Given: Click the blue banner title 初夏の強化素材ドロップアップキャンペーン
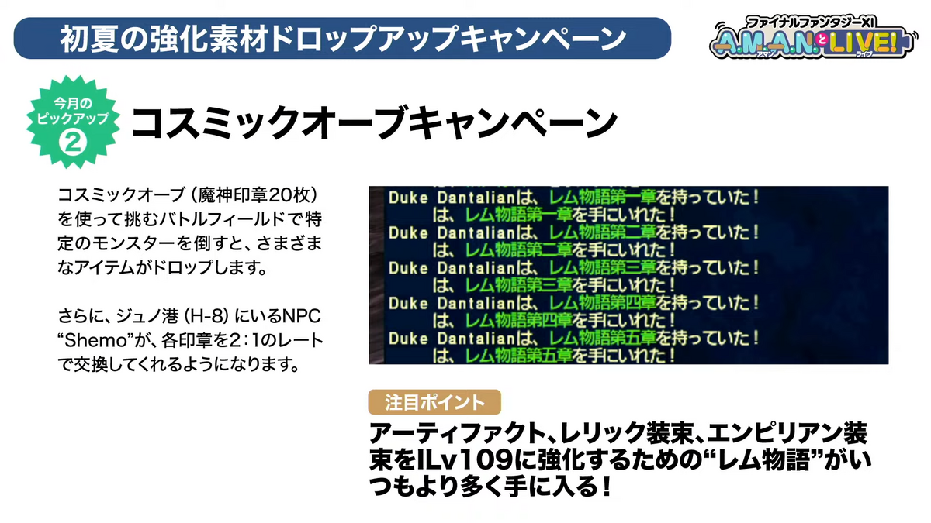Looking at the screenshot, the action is click(343, 39).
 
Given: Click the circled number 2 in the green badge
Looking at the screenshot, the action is click(73, 143).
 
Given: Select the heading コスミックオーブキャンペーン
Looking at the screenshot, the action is click(374, 122).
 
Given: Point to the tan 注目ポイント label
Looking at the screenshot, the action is click(434, 402).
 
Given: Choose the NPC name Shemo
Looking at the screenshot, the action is click(97, 341).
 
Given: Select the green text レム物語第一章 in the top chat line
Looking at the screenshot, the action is click(602, 197).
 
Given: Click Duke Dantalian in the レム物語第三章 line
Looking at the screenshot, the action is click(452, 268).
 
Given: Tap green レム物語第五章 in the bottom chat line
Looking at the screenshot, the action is click(518, 356).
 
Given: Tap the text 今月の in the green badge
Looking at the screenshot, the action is click(73, 103).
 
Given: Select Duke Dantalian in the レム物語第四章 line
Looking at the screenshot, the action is click(452, 304).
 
